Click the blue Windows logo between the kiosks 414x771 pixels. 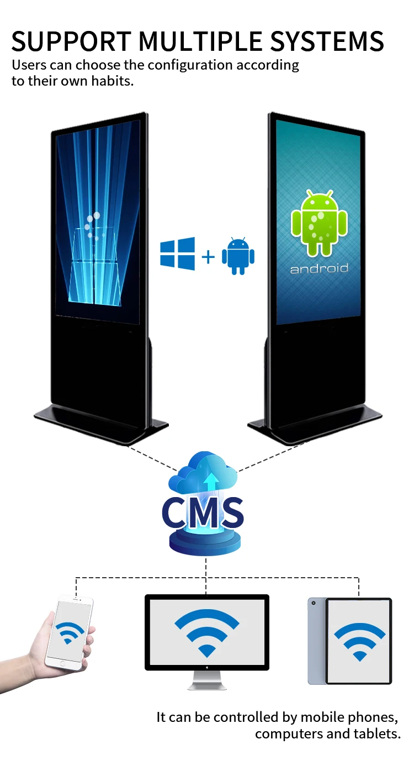[178, 254]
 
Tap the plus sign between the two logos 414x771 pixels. [208, 256]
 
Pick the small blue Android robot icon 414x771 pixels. [238, 256]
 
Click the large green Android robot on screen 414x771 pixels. [320, 223]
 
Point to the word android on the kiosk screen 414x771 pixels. [320, 269]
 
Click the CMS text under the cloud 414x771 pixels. [203, 513]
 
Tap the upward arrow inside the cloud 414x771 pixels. [210, 482]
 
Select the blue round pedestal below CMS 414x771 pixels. [205, 544]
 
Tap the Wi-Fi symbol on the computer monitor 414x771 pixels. [206, 632]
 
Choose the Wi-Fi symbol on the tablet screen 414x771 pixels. [360, 641]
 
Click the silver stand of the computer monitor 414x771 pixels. [206, 680]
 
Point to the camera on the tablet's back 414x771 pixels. [313, 603]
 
